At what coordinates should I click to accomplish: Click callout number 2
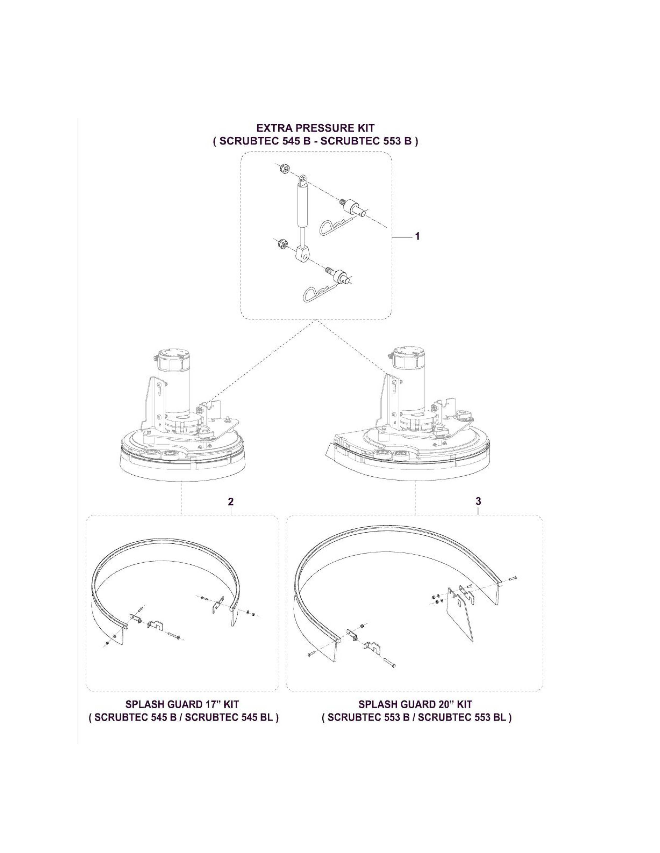231,501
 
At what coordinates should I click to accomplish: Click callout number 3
478,501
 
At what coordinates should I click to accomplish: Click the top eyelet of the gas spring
303,180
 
